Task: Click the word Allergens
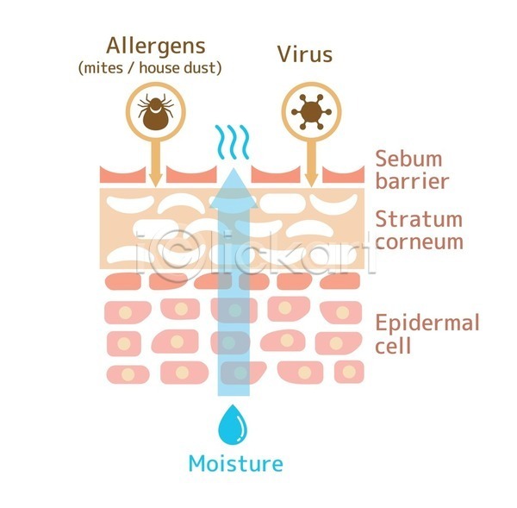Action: (156, 47)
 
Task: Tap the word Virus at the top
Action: (305, 54)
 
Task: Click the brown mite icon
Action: (155, 111)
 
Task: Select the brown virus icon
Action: (311, 112)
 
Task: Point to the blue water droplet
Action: (233, 424)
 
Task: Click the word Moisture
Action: (235, 463)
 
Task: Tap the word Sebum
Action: (408, 159)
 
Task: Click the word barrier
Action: (412, 181)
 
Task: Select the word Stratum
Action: (419, 219)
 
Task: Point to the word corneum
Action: (420, 242)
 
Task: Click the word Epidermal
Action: (427, 323)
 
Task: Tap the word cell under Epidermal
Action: (393, 345)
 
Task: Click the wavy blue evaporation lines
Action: (232, 142)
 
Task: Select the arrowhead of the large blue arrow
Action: (234, 188)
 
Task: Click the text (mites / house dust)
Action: (150, 68)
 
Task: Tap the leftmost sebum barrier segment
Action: (122, 175)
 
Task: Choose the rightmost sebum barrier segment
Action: (343, 175)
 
